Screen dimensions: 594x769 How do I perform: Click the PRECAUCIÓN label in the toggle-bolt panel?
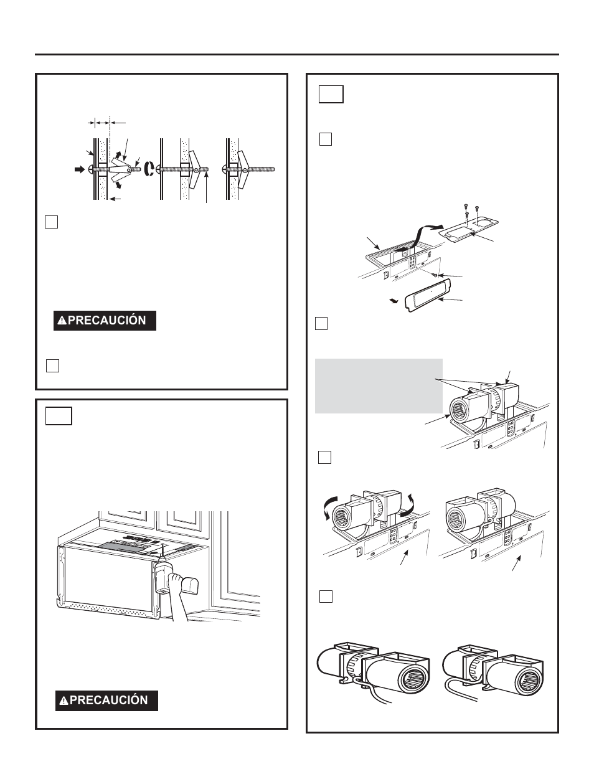pos(105,321)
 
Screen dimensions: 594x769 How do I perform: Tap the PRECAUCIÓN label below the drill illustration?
pos(106,700)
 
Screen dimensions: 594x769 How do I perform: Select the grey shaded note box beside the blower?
pos(379,385)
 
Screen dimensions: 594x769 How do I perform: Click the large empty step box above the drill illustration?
pos(59,415)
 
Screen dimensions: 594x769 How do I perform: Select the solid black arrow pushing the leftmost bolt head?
pos(78,169)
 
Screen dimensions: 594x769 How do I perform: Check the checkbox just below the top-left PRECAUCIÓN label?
pos(53,366)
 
